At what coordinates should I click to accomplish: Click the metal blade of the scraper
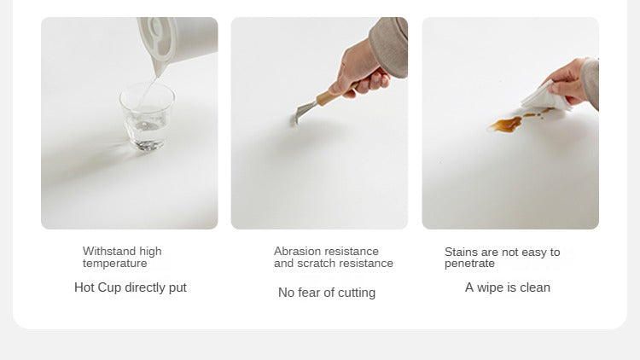(302, 113)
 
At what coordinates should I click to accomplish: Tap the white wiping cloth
(545, 97)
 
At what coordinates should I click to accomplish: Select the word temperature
(114, 264)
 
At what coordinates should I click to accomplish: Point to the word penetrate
(469, 264)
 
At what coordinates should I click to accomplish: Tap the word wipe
(491, 287)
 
